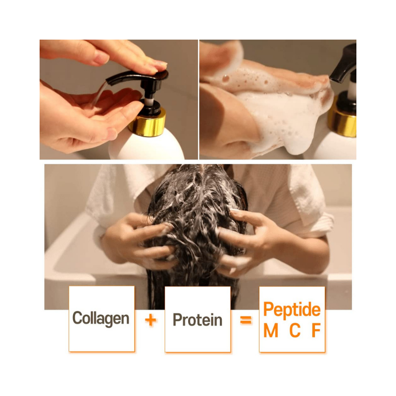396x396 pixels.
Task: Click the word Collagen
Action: (101, 318)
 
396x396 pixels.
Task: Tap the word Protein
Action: (198, 320)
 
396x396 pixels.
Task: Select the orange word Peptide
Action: (292, 310)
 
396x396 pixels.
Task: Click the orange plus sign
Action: (150, 320)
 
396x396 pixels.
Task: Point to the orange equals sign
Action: (246, 320)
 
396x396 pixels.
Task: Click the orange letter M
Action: (271, 330)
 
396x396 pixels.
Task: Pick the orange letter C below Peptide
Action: (295, 330)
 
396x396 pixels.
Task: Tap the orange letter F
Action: (316, 330)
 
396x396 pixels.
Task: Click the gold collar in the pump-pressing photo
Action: (148, 122)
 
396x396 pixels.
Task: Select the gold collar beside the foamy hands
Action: (343, 117)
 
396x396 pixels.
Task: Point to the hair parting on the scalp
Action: (201, 177)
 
